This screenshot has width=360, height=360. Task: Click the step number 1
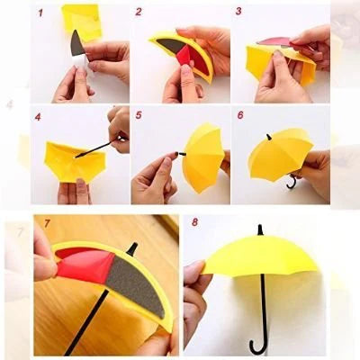pos(40,13)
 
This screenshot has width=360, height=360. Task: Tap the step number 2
pos(139,12)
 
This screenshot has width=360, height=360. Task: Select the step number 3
pos(238,12)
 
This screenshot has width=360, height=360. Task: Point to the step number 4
pos(38,117)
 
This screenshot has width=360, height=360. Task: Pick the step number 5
pos(139,115)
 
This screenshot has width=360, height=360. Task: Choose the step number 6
pos(240,115)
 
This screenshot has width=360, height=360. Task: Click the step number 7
pos(47,223)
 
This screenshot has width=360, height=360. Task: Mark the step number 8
pos(194,222)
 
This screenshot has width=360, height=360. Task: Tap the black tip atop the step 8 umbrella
pos(260,230)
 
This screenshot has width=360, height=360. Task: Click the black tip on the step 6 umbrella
pos(269,137)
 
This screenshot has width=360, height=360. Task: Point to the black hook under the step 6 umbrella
pos(292,182)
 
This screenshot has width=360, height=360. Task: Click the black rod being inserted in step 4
pos(97,148)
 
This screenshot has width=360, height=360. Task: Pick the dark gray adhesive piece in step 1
pos(77,43)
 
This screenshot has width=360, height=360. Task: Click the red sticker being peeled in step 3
pos(274,42)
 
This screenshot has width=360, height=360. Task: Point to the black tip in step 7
pos(132,249)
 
